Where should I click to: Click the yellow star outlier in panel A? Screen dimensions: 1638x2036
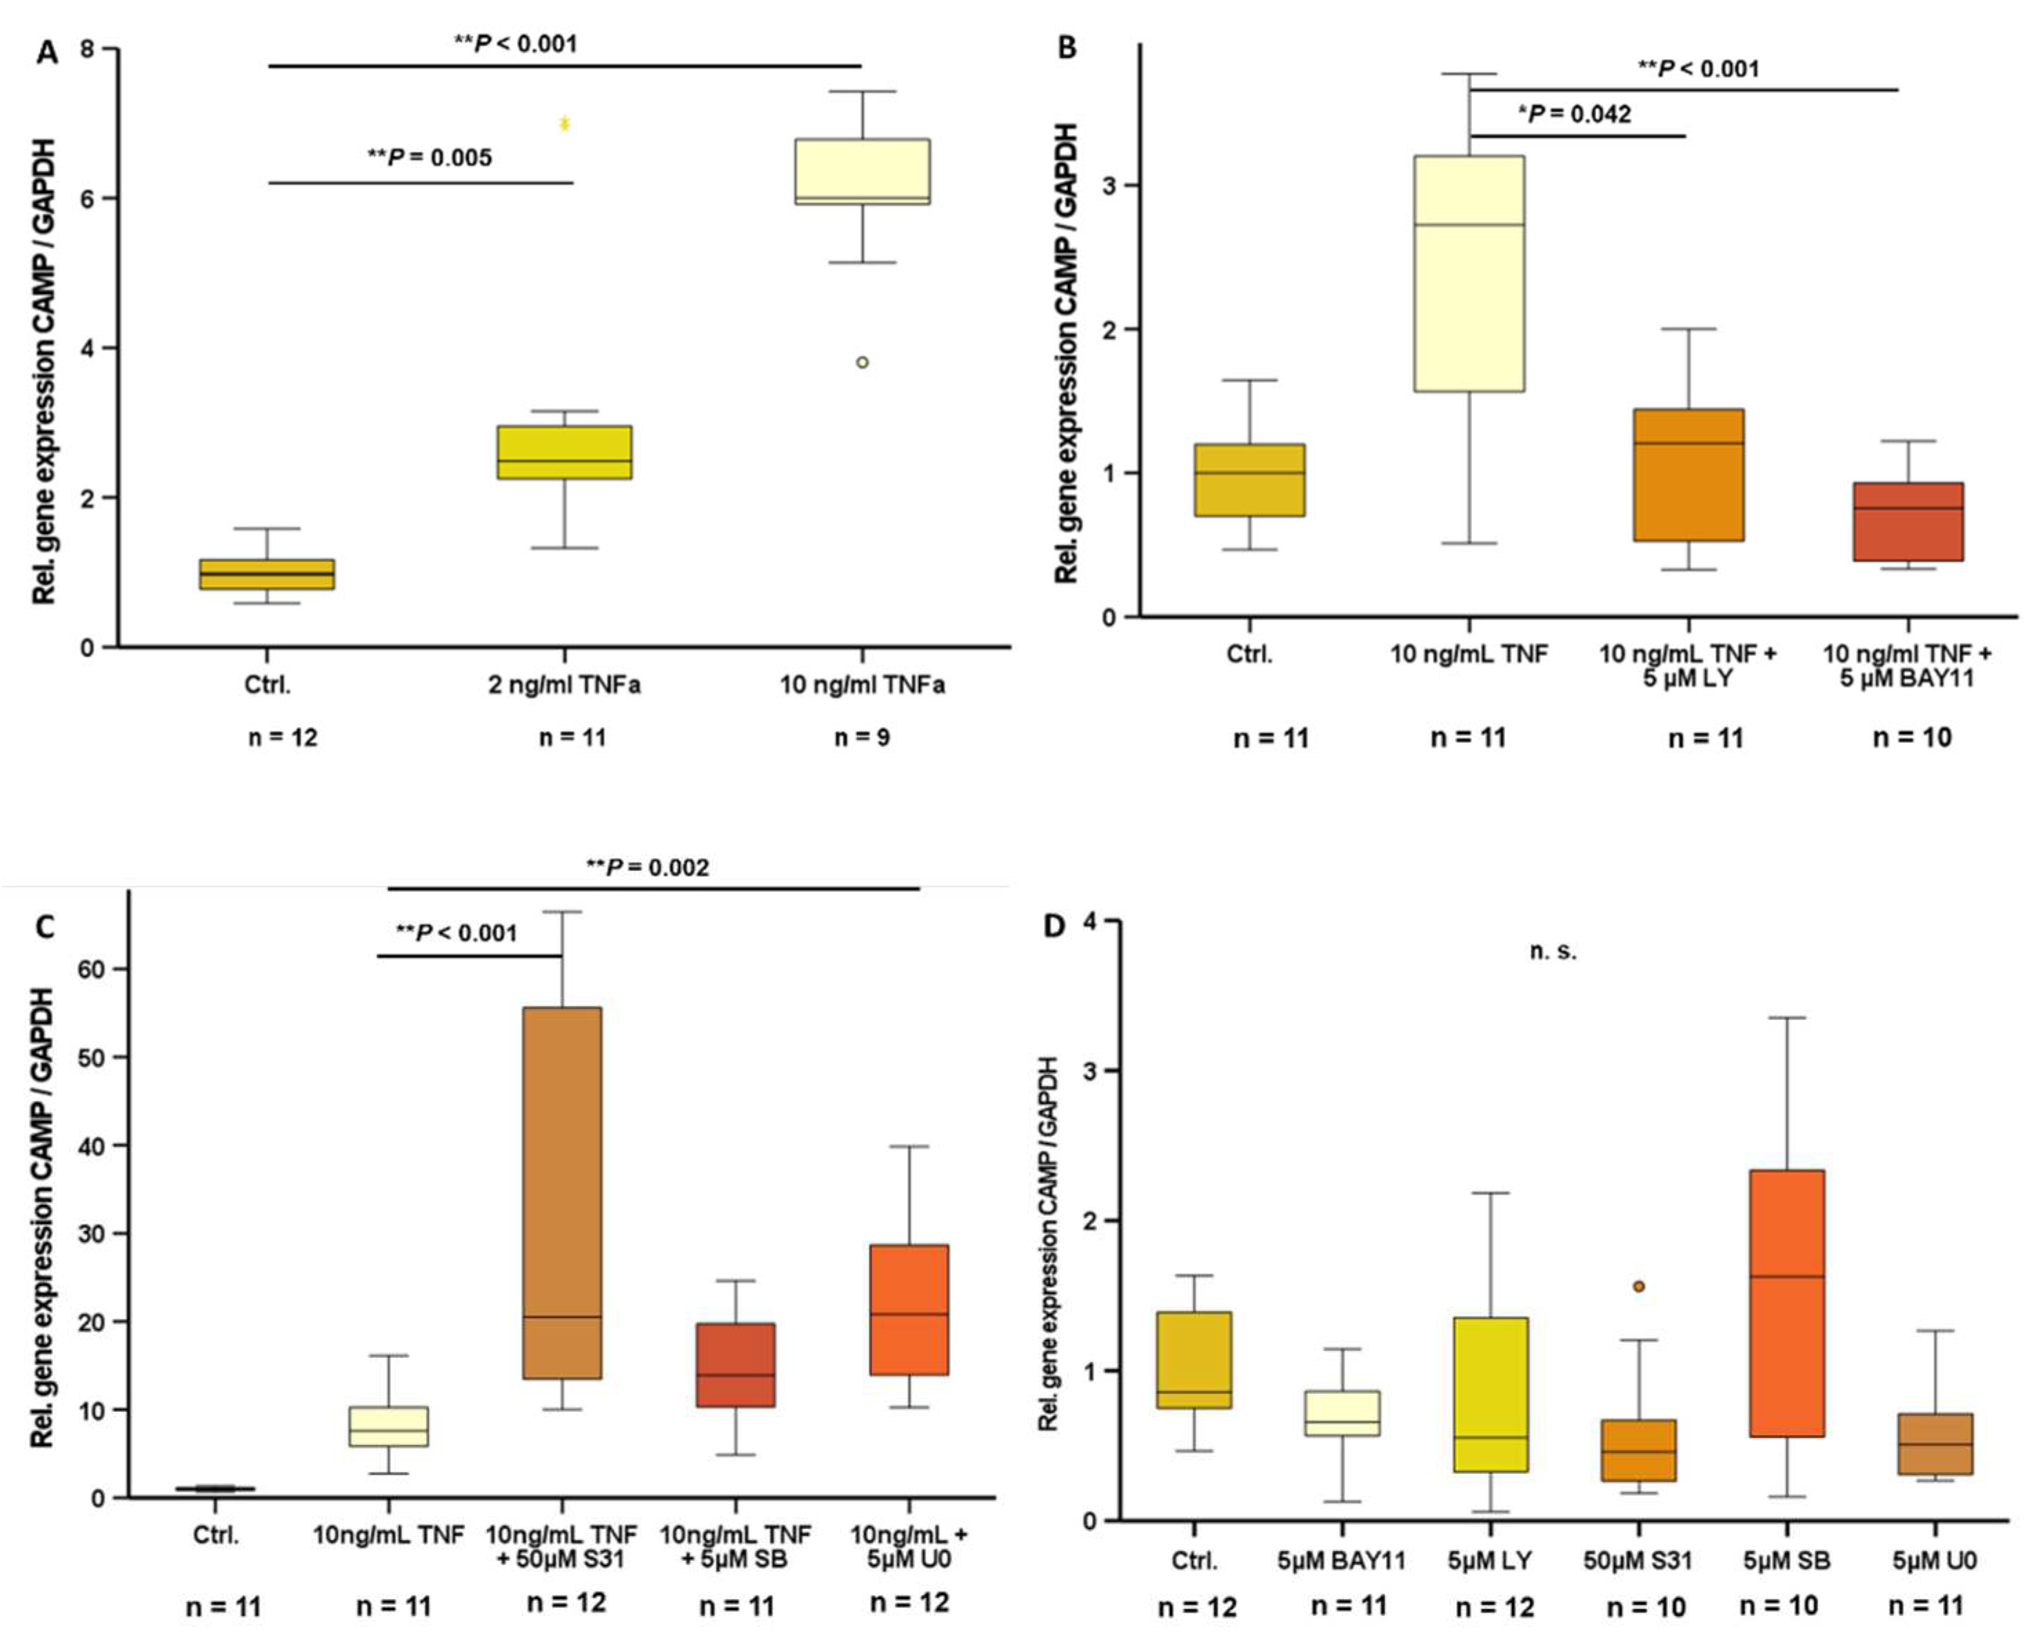tap(565, 123)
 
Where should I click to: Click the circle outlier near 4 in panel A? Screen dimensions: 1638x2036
tap(863, 363)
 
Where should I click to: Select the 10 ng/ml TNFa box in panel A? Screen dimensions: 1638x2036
tap(863, 172)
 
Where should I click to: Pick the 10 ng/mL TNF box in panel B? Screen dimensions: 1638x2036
tap(1469, 274)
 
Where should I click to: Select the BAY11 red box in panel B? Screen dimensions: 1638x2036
tap(1908, 522)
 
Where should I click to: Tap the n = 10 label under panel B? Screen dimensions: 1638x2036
tap(1911, 738)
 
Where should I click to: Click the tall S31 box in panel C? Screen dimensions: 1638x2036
tap(563, 1193)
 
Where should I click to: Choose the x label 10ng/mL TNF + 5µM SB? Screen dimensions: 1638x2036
tap(735, 1546)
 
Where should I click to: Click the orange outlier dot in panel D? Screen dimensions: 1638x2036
tap(1638, 1286)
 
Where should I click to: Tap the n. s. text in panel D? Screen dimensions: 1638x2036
tap(1553, 951)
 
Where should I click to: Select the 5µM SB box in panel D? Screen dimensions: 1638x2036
tap(1786, 1304)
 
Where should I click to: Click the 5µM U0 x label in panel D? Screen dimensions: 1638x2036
tap(1935, 1561)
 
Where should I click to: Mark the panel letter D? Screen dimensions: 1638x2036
tap(1053, 925)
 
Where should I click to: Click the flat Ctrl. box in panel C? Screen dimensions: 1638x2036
tap(216, 1489)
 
